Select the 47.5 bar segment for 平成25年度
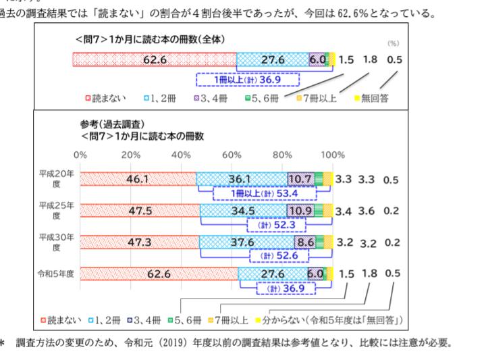point(139,210)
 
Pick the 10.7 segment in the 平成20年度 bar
point(300,179)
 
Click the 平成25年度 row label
point(57,209)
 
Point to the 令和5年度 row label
point(57,274)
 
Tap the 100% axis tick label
point(332,154)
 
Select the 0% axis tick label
point(80,154)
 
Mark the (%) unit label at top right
point(393,42)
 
